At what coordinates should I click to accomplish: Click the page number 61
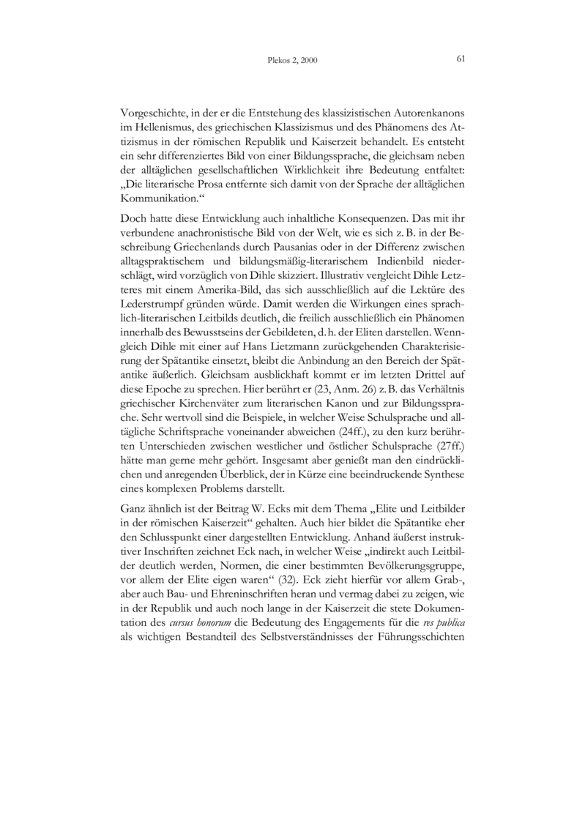[x=461, y=59]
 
